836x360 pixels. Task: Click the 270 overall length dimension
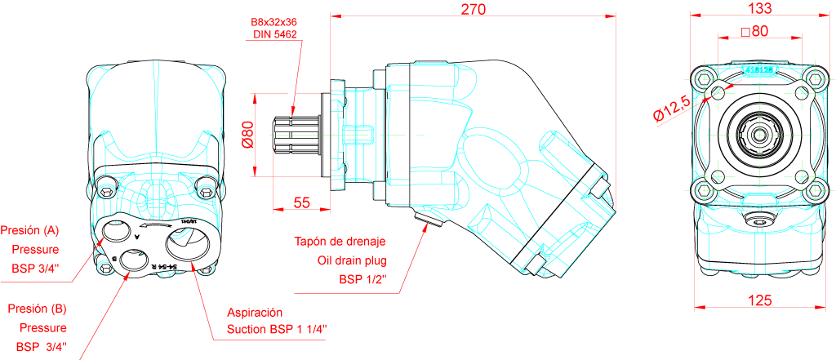point(474,10)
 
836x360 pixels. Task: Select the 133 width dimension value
point(760,9)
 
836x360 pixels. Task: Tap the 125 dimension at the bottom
point(759,300)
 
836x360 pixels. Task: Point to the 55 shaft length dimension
point(301,203)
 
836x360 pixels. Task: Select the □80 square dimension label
point(755,32)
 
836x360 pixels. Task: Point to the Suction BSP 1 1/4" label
point(278,330)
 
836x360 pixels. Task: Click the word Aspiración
point(255,313)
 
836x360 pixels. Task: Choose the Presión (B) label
point(36,309)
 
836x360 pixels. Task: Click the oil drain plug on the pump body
point(427,219)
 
